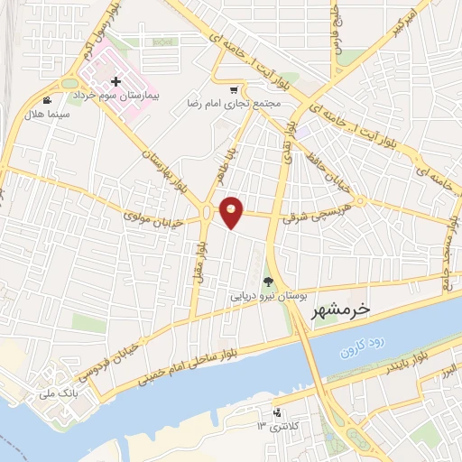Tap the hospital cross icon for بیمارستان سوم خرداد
click(x=115, y=82)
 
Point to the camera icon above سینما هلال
click(x=47, y=99)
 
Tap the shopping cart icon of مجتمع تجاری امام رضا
click(x=235, y=89)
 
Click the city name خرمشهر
click(x=339, y=310)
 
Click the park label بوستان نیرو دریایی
click(x=268, y=295)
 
